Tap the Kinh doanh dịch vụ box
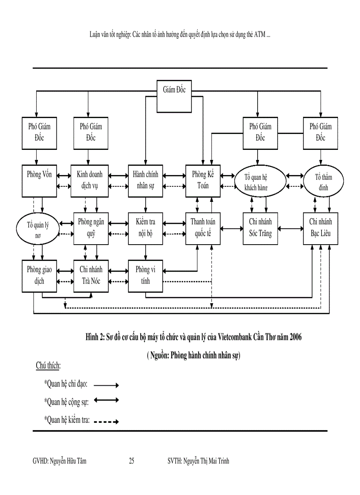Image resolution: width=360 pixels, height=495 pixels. coord(89,180)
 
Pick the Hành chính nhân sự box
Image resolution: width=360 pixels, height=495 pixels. coord(146,180)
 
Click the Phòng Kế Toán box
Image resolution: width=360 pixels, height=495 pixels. coord(202,180)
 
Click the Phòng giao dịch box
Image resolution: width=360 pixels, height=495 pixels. coord(39,276)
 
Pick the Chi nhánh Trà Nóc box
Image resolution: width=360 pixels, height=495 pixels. coord(91,276)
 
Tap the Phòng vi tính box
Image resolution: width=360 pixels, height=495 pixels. coord(146,276)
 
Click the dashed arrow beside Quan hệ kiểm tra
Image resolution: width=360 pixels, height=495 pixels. coord(106,421)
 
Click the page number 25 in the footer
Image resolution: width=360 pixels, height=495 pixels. coord(131,461)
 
